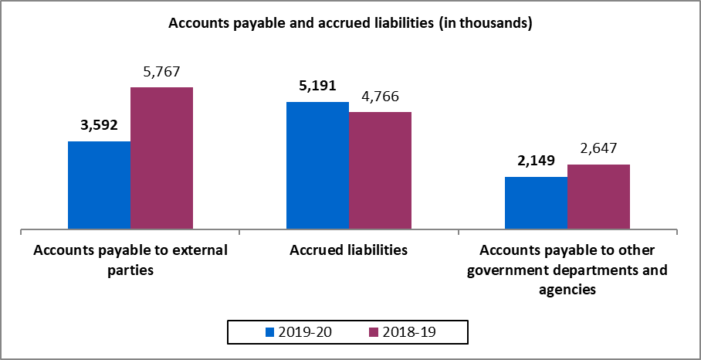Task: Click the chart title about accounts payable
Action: [350, 24]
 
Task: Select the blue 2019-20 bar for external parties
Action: [99, 185]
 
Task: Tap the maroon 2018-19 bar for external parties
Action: [161, 158]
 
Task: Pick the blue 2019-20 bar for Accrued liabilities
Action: [317, 165]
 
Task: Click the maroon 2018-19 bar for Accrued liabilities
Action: [380, 171]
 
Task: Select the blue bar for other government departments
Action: [536, 203]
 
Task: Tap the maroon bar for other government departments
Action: [598, 197]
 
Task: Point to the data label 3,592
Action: [100, 126]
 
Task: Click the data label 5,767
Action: [161, 72]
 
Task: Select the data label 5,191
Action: [317, 86]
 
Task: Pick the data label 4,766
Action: [380, 97]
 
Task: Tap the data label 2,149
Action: [536, 161]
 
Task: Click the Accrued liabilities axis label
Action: [349, 251]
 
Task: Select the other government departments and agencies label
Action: [568, 270]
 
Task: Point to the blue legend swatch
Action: [270, 332]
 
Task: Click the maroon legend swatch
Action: [373, 332]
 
